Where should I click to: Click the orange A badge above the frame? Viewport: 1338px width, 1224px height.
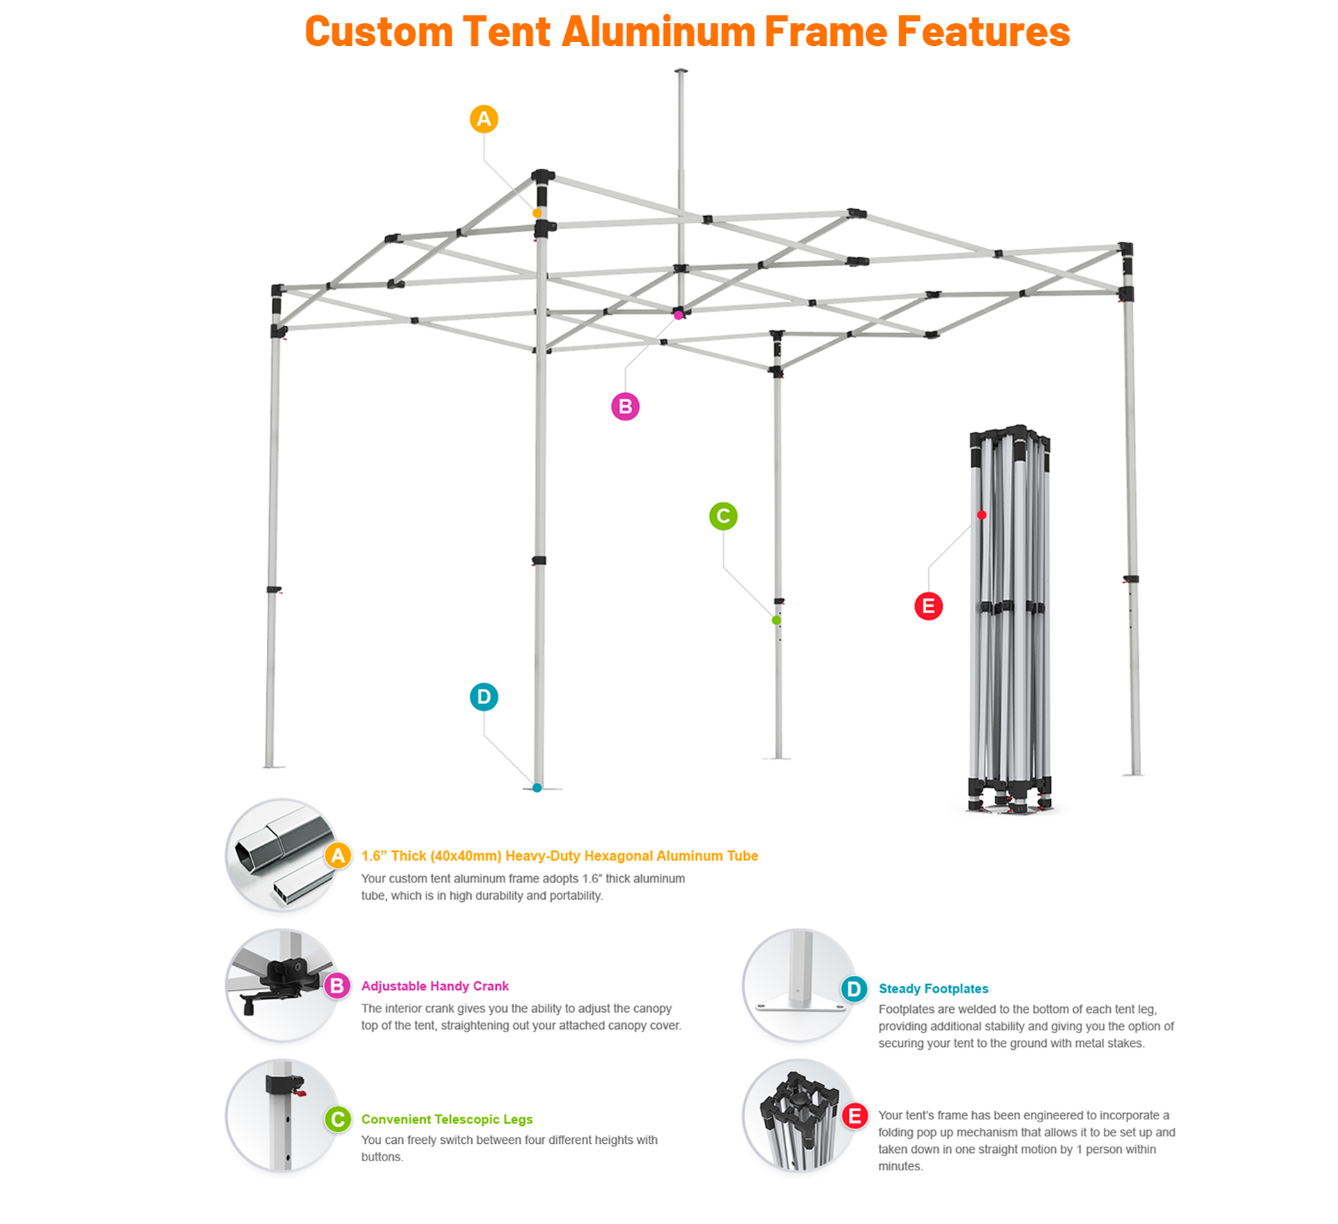coord(484,119)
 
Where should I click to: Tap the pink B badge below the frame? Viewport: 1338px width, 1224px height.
coord(625,406)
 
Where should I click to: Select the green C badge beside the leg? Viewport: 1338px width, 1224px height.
coord(723,517)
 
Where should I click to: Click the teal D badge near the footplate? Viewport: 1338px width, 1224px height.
coord(484,697)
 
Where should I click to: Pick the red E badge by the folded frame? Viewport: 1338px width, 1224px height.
coord(928,606)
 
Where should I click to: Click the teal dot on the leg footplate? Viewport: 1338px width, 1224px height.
coord(537,788)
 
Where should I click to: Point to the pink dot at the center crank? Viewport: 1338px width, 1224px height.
coord(678,315)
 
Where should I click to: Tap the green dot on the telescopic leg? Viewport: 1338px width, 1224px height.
coord(776,620)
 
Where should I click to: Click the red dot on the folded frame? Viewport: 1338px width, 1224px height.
coord(981,515)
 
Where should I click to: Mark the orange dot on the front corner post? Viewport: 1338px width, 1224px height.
coord(537,213)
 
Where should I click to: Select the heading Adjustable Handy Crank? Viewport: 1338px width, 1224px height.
coord(435,986)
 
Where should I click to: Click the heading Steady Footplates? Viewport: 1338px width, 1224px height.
coord(933,988)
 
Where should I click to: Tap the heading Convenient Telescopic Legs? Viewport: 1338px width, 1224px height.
coord(447,1119)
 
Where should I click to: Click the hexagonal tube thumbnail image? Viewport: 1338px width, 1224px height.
coord(282,855)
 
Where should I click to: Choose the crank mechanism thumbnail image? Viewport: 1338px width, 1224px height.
coord(282,986)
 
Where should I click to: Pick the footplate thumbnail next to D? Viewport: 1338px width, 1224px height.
coord(799,986)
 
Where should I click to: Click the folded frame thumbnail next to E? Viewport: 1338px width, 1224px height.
coord(799,1116)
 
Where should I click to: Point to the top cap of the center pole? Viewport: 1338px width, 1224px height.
coord(681,71)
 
